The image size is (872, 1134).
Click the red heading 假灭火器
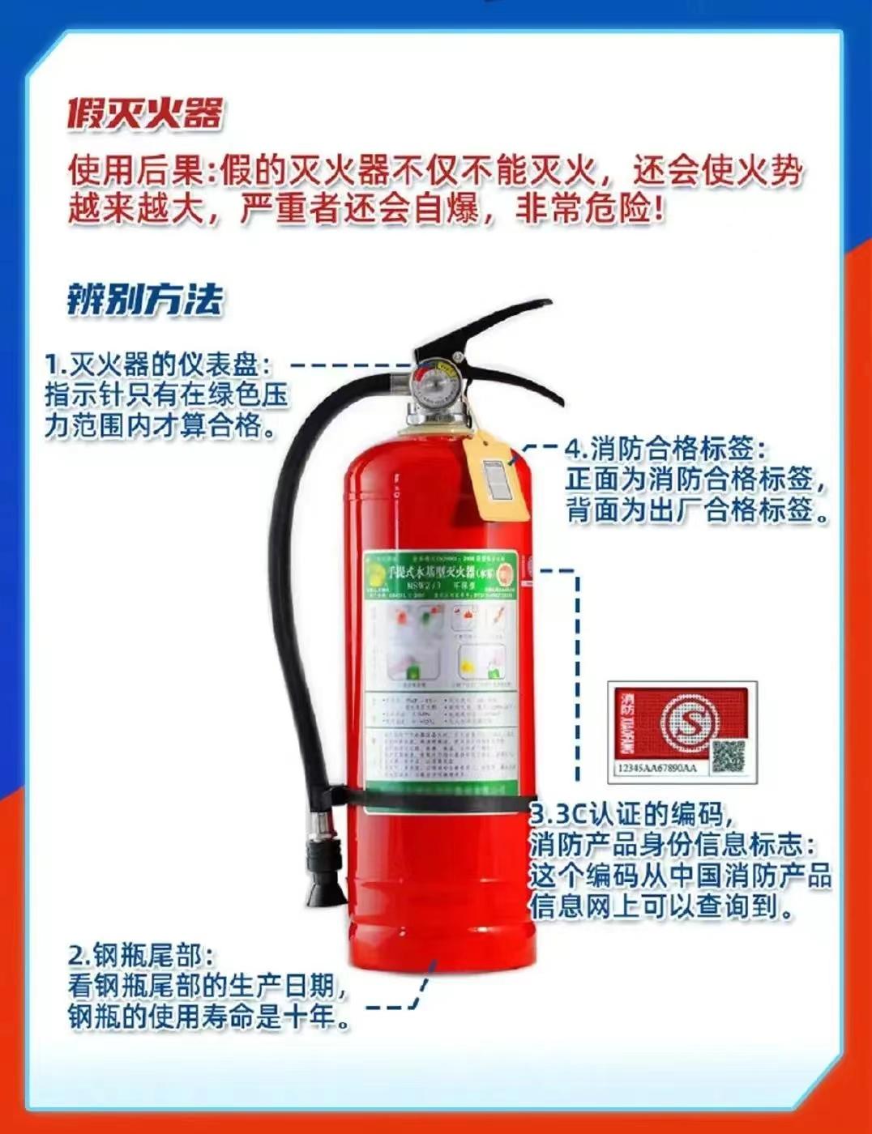(144, 114)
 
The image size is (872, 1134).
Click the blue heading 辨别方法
(144, 299)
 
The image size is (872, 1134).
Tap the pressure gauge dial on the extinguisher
(437, 380)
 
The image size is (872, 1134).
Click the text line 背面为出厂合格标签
(699, 511)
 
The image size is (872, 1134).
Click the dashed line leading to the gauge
(348, 365)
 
